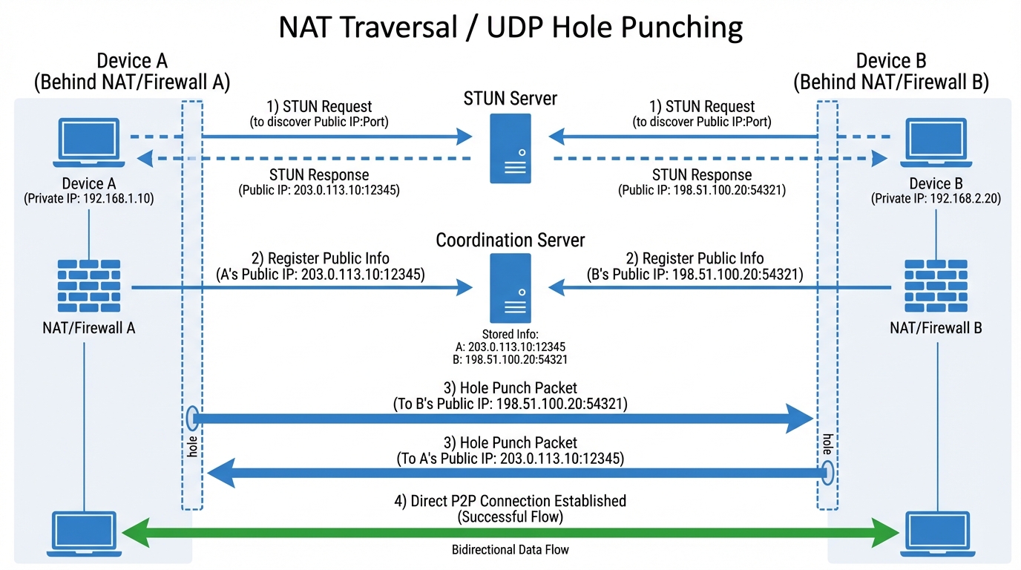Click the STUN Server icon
(510, 148)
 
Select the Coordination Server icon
(510, 287)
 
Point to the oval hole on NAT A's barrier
(191, 418)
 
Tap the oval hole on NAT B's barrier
(827, 472)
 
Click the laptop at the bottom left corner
(83, 533)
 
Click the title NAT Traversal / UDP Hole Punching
(510, 28)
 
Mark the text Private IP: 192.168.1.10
(88, 199)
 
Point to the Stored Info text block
(510, 347)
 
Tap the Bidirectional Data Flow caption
(510, 550)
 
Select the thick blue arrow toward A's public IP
(519, 473)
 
